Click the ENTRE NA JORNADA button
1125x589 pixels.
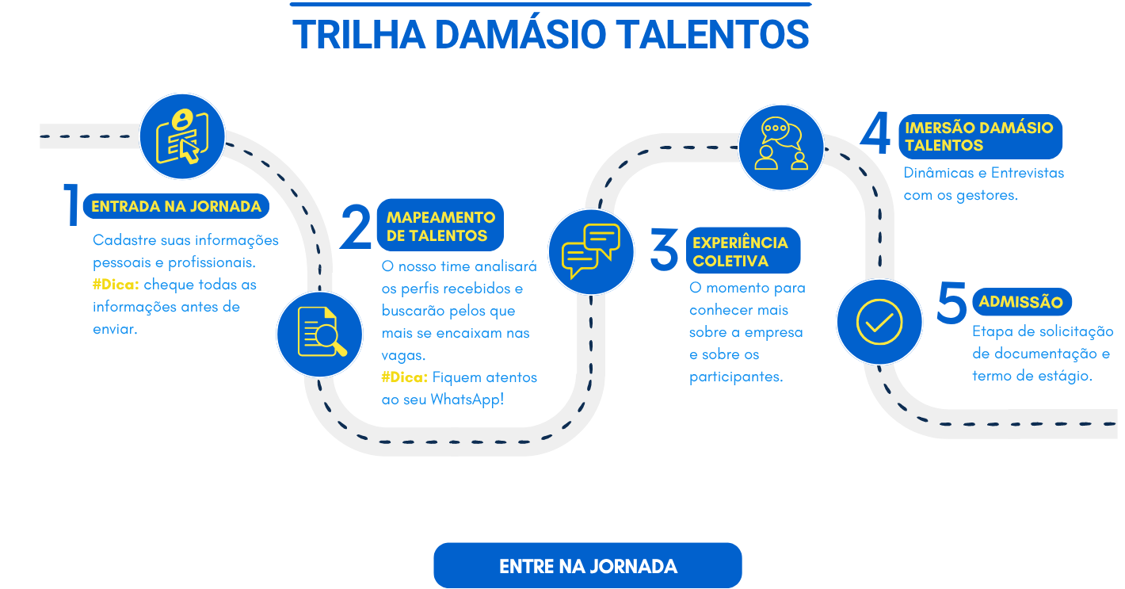pyautogui.click(x=588, y=565)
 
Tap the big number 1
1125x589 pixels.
pyautogui.click(x=72, y=205)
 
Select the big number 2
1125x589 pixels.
pyautogui.click(x=355, y=227)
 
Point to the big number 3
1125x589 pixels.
pyautogui.click(x=664, y=249)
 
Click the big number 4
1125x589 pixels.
pyautogui.click(x=875, y=132)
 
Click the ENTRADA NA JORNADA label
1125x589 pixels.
pyautogui.click(x=177, y=206)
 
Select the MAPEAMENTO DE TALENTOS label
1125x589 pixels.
pyautogui.click(x=440, y=225)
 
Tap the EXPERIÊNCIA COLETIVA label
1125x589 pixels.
pyautogui.click(x=743, y=251)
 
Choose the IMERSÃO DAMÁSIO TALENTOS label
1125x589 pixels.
pyautogui.click(x=980, y=136)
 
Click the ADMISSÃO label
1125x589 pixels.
pyautogui.click(x=1021, y=301)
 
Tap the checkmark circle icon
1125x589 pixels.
pyautogui.click(x=879, y=322)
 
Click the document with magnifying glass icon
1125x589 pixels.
pyautogui.click(x=319, y=335)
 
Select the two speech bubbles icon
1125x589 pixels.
pyautogui.click(x=591, y=252)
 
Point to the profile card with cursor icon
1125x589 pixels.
pyautogui.click(x=182, y=136)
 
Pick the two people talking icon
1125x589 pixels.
pyautogui.click(x=781, y=147)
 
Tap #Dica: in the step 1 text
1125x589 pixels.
pyautogui.click(x=116, y=285)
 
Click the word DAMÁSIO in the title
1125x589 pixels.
pyautogui.click(x=521, y=35)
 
